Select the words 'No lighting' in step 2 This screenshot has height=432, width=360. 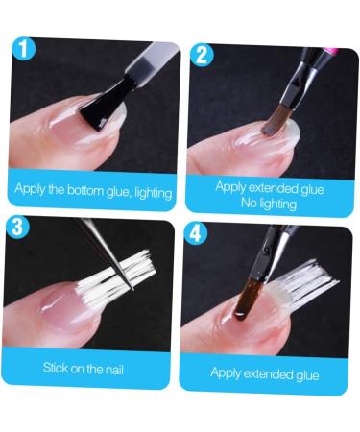coord(267,203)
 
